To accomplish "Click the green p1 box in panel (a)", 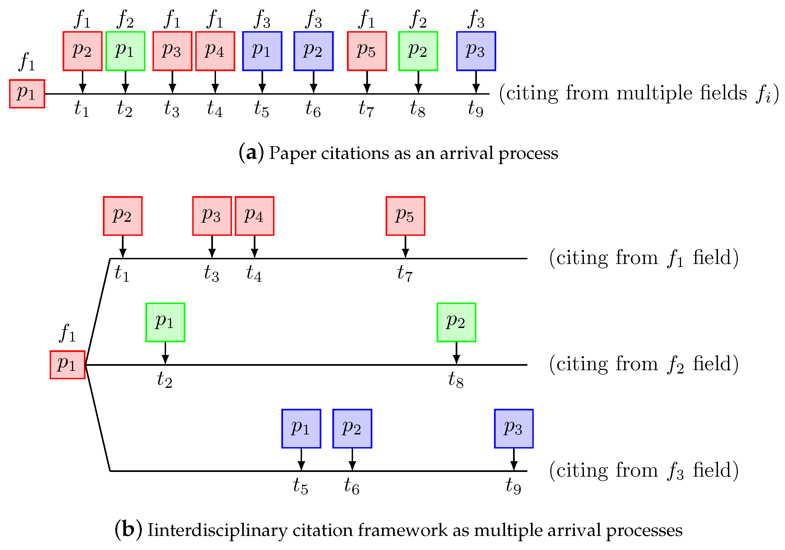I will [x=125, y=51].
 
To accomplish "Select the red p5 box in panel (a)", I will [x=367, y=51].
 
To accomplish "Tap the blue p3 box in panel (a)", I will [x=476, y=51].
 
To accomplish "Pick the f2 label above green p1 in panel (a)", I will [x=125, y=20].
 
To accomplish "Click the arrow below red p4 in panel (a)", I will [x=215, y=82].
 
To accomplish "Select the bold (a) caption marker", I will [x=251, y=153].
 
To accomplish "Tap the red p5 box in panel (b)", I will [x=405, y=216].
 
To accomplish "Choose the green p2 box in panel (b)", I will [x=456, y=322].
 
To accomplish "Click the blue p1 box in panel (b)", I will [x=301, y=429].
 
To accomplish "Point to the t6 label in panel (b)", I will [x=351, y=486].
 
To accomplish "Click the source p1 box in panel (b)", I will [x=67, y=365].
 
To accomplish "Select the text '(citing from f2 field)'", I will [x=644, y=364].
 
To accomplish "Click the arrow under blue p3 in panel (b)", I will [x=514, y=460].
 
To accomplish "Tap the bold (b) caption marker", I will [x=128, y=530].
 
